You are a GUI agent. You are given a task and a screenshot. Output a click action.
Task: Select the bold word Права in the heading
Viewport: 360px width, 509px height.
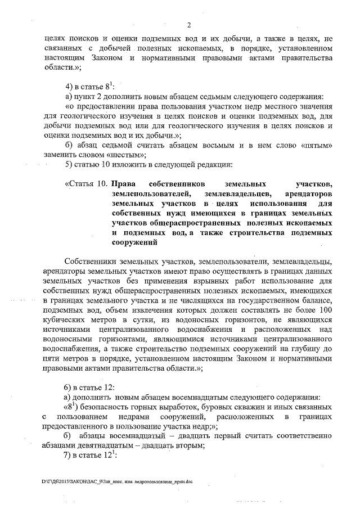123,184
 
